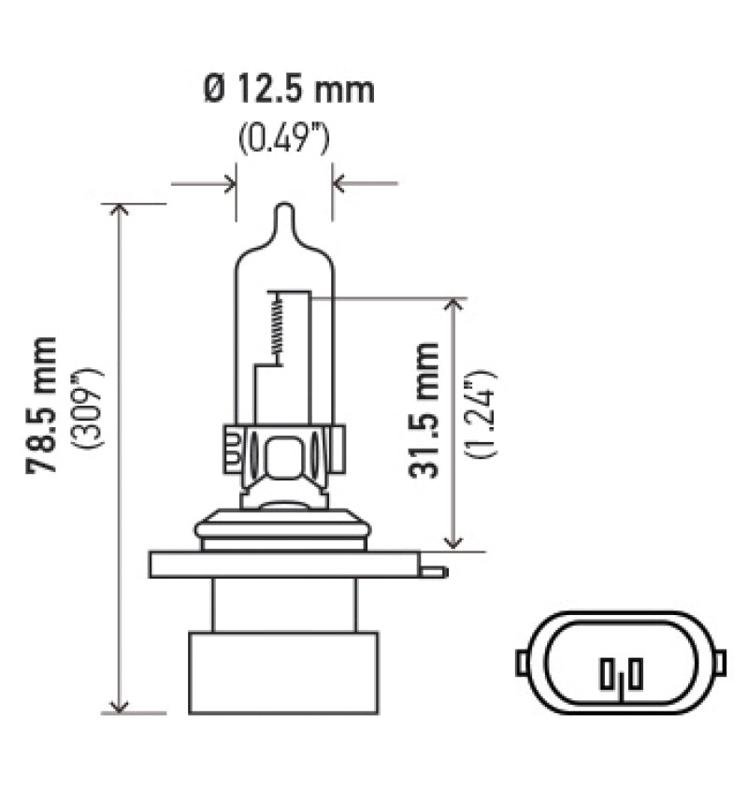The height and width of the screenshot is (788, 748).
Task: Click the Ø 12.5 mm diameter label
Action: [x=288, y=91]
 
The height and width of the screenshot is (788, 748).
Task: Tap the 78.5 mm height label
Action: [x=43, y=405]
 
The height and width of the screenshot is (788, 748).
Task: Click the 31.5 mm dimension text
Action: [x=424, y=410]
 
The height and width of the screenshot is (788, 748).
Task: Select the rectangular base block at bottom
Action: [x=283, y=673]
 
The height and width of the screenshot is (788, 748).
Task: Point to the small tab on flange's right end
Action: [x=433, y=569]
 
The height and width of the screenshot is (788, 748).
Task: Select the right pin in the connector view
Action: [x=634, y=674]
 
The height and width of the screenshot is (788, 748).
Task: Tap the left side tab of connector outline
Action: [x=522, y=662]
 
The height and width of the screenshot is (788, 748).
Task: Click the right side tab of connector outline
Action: [x=720, y=662]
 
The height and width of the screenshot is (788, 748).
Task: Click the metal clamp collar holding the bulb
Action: [x=284, y=456]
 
